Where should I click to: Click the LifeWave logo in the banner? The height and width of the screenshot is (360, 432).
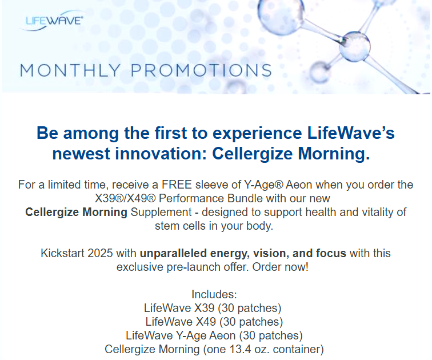(x=53, y=21)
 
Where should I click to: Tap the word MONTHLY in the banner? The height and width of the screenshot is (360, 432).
(x=70, y=70)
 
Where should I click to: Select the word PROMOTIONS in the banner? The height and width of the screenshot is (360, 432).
(x=201, y=70)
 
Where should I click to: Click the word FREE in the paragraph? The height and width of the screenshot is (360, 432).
(x=177, y=185)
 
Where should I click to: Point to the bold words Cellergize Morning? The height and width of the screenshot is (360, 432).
(x=76, y=212)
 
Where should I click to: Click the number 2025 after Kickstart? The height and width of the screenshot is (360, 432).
(x=100, y=253)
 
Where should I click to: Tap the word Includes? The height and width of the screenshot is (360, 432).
(x=214, y=294)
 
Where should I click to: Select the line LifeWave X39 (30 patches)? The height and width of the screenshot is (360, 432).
(x=213, y=308)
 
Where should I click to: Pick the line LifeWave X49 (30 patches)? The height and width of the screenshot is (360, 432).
(x=214, y=322)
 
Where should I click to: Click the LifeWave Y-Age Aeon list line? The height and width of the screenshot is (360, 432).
(x=214, y=335)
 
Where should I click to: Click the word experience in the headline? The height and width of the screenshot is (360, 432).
(x=257, y=133)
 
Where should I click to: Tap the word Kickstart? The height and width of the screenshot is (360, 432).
(x=62, y=253)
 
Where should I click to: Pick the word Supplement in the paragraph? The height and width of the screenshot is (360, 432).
(x=161, y=212)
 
